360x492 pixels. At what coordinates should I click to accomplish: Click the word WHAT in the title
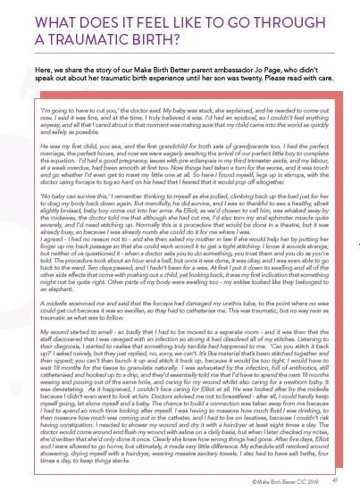click(x=33, y=15)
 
